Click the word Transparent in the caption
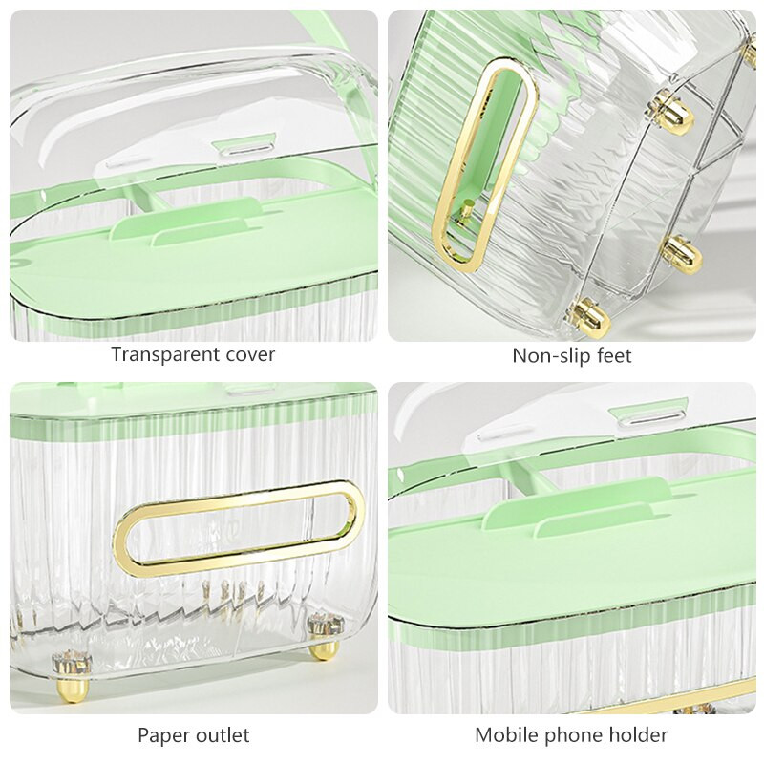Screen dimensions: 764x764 click(165, 354)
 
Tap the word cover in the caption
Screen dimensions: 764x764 click(250, 354)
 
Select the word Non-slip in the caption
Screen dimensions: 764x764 click(545, 355)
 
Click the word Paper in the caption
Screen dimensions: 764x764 click(162, 734)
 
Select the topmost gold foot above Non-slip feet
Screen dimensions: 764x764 click(674, 114)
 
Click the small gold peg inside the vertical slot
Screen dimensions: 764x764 click(466, 211)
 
